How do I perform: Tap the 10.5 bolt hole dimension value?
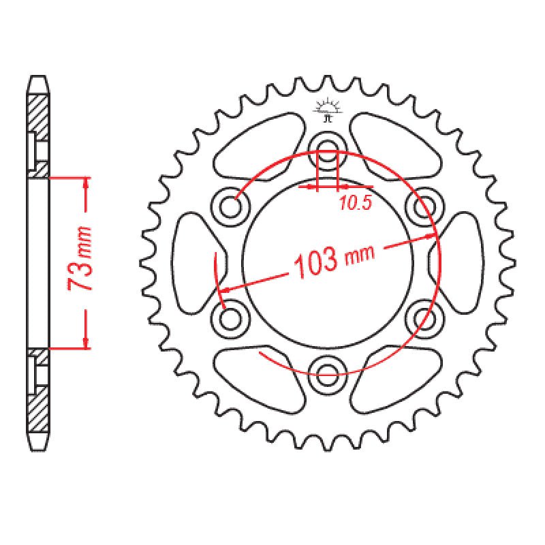click(x=354, y=203)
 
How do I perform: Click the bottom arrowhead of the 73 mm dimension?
click(x=86, y=343)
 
